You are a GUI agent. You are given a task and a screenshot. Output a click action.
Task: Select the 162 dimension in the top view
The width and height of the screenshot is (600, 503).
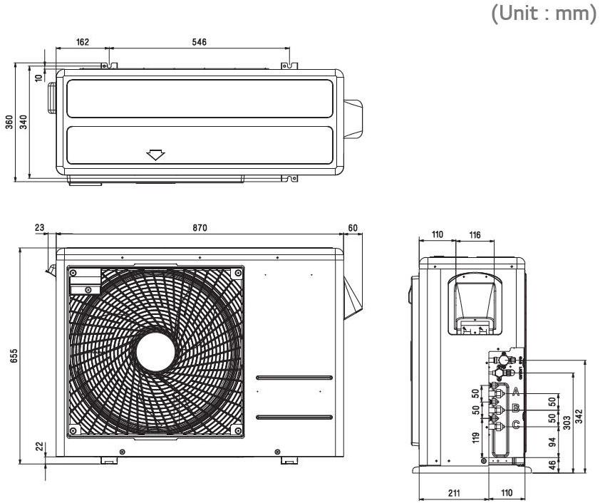pyautogui.click(x=83, y=42)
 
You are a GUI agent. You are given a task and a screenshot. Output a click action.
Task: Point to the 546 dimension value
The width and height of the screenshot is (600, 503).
pyautogui.click(x=199, y=42)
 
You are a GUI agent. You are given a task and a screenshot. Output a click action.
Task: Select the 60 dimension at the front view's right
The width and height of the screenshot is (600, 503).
pyautogui.click(x=354, y=227)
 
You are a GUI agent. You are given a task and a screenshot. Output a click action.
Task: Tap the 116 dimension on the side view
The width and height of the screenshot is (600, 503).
pyautogui.click(x=473, y=234)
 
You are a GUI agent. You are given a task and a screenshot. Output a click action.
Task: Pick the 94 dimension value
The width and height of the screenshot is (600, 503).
pyautogui.click(x=551, y=442)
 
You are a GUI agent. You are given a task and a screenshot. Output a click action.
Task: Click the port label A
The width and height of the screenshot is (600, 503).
pyautogui.click(x=514, y=393)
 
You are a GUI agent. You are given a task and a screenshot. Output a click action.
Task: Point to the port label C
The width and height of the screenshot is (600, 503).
pyautogui.click(x=514, y=426)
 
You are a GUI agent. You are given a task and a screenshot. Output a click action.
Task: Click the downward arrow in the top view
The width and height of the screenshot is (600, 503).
pyautogui.click(x=155, y=154)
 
